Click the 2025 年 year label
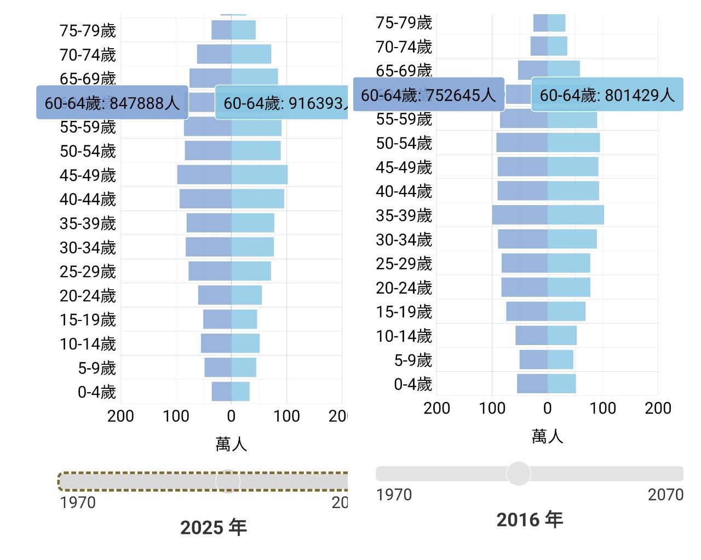click(214, 527)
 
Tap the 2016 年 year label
click(530, 520)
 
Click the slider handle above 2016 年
click(518, 474)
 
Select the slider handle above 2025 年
click(228, 481)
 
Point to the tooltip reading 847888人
click(112, 103)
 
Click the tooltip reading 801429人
click(607, 95)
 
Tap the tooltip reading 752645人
click(428, 95)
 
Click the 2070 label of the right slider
click(665, 495)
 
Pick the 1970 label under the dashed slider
click(78, 503)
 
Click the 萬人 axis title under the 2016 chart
click(547, 436)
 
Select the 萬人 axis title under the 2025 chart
click(231, 444)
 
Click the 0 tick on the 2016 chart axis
click(547, 408)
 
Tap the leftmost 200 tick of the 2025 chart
click(120, 416)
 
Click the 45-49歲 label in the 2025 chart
click(88, 175)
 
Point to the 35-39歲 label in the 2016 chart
click(404, 215)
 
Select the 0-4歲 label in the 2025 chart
click(96, 392)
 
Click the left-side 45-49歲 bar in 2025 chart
click(204, 175)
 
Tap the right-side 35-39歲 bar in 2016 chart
click(576, 215)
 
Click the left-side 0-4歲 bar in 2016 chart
click(532, 384)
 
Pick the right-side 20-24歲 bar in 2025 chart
click(246, 295)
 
